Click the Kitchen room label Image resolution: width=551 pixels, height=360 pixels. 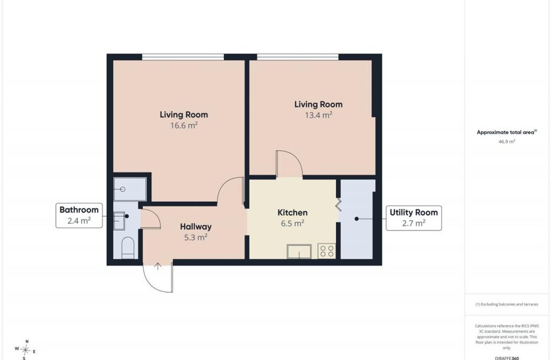coord(292,213)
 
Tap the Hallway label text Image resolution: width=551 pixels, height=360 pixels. coord(196,227)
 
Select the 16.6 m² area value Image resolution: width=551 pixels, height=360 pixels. coord(184,125)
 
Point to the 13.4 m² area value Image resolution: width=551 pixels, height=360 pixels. coord(319,115)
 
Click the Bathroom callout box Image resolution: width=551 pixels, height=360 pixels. coord(79,216)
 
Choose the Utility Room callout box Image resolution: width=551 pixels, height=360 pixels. coord(414,218)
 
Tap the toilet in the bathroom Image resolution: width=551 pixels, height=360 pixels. coord(128,247)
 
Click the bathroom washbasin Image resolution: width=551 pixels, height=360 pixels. coord(119,221)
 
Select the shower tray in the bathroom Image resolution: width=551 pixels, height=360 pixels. coord(130,189)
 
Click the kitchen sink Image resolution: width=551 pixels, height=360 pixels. coord(299,252)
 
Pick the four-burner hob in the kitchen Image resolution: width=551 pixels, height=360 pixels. coord(327,251)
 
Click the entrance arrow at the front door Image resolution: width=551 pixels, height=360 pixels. coord(158,266)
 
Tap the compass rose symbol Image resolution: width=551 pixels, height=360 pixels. coord(25,349)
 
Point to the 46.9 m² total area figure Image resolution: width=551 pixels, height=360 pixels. coord(507,141)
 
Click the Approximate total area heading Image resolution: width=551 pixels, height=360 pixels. coord(507,132)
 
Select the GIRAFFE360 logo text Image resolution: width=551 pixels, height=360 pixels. coord(507,358)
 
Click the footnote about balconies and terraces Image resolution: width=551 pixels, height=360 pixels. coord(507,304)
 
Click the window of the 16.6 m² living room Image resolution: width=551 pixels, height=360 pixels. coord(183,57)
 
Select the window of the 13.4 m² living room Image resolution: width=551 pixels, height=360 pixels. coord(298,57)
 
